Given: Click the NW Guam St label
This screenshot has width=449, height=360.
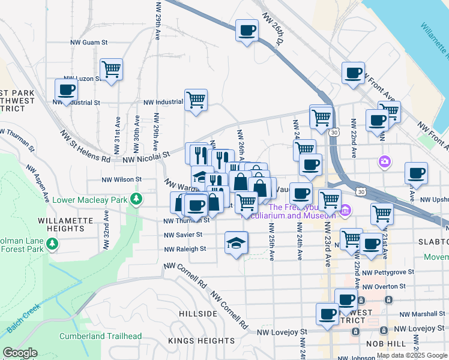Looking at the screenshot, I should (x=88, y=43).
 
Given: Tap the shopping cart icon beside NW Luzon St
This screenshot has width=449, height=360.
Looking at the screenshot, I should (x=112, y=70).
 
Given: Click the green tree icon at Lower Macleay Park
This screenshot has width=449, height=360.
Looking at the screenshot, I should (x=137, y=199).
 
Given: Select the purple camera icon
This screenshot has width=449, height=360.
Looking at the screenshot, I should (x=384, y=161).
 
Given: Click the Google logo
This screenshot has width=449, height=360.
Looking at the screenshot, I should (x=20, y=353).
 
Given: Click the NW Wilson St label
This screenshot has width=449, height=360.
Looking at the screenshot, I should (x=121, y=179).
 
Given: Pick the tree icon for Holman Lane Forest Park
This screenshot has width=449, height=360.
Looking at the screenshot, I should (x=52, y=244).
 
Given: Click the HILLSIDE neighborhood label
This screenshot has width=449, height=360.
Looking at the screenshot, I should (x=197, y=314).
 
